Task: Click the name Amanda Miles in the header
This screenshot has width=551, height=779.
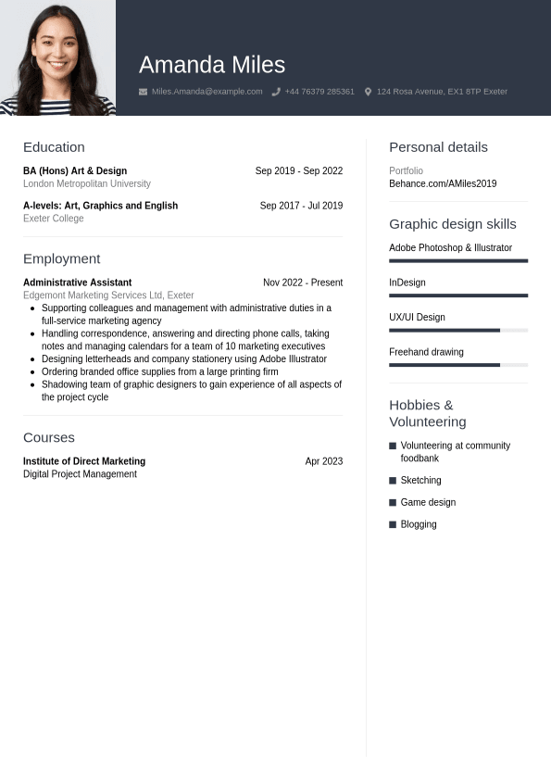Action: coord(212,65)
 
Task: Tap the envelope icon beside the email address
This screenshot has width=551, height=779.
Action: coord(143,92)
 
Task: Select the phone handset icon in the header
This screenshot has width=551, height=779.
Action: coord(276,92)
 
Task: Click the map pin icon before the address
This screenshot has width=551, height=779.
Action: coord(368,92)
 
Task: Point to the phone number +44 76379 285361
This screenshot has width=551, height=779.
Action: coord(319,92)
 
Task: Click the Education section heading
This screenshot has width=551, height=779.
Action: coord(54,147)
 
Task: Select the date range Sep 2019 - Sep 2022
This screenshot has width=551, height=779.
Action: coord(299,171)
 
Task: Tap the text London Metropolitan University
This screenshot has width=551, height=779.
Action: coord(86,183)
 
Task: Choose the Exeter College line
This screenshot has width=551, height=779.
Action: coord(54,219)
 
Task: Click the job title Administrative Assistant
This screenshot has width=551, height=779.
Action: coord(77,283)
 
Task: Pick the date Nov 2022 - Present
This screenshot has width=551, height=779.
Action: coord(303,283)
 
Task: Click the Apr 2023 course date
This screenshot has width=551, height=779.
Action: coord(324,461)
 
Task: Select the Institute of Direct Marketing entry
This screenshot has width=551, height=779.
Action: coord(84,461)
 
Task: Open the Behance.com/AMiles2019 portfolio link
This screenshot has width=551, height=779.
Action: coord(443,184)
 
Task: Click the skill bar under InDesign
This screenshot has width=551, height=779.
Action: coord(458,295)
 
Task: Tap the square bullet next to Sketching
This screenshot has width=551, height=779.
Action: coord(393,481)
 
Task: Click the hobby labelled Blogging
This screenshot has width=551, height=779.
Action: coord(419,524)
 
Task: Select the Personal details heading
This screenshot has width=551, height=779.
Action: coord(438,147)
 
